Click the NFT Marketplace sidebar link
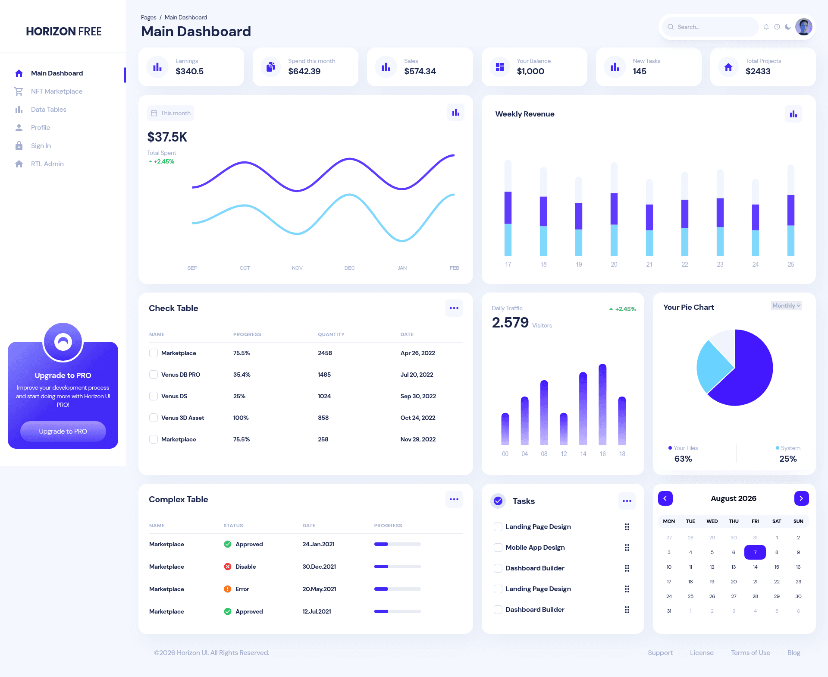[56, 91]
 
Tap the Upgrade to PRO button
[63, 431]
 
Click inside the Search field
[711, 27]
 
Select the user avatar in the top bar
[803, 27]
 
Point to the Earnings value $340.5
[189, 71]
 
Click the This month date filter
[170, 113]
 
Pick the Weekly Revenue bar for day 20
[614, 209]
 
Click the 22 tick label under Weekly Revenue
[685, 265]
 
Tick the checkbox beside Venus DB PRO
[154, 375]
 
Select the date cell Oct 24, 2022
[418, 418]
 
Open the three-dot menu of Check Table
[454, 308]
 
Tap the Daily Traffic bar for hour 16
[602, 404]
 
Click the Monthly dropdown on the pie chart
[786, 305]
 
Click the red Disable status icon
[228, 567]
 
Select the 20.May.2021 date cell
[319, 589]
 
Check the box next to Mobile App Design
[498, 548]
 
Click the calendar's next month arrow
[801, 498]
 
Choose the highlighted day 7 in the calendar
[755, 552]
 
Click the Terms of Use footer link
[750, 653]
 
